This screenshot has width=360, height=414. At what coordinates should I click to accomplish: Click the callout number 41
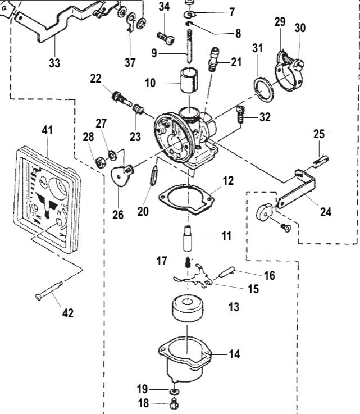47,130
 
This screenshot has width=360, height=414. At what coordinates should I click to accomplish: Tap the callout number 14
234,354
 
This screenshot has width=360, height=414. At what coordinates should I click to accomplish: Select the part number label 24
326,212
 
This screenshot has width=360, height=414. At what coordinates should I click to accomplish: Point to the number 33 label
54,63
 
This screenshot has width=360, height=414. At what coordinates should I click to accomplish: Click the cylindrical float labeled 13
188,308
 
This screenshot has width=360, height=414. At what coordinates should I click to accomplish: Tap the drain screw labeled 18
174,403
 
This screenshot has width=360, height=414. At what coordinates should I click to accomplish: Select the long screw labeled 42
49,291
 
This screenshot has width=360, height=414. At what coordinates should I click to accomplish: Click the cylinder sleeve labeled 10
189,80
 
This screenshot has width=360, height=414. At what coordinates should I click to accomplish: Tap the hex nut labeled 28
101,162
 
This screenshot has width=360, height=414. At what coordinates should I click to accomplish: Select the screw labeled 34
166,38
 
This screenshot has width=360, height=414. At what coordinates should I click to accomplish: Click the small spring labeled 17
188,262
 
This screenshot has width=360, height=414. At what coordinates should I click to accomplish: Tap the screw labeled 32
240,115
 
